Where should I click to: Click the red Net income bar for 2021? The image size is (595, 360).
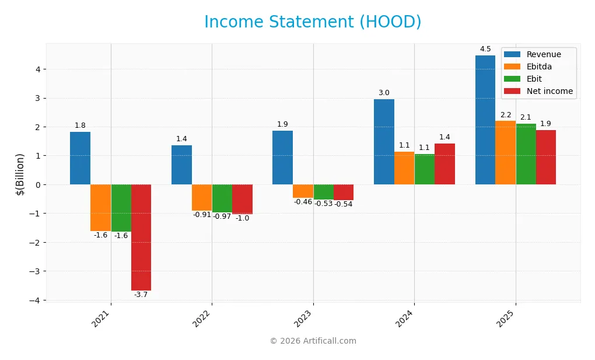coord(141,237)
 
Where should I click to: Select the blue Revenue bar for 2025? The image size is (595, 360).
coord(485,120)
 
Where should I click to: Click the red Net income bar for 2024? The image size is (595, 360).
coord(444,164)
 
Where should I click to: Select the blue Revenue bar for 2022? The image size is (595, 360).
coord(181,165)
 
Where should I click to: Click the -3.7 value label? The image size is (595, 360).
coord(141,295)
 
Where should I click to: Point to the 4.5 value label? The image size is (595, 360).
coord(485,49)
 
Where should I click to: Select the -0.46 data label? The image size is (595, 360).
coord(303,202)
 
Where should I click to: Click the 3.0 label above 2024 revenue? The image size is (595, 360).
coord(384,93)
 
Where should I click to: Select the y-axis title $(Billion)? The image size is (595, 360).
coord(20,174)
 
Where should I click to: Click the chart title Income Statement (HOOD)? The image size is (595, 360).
coord(313,22)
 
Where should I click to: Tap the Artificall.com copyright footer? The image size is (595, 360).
coord(313,341)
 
